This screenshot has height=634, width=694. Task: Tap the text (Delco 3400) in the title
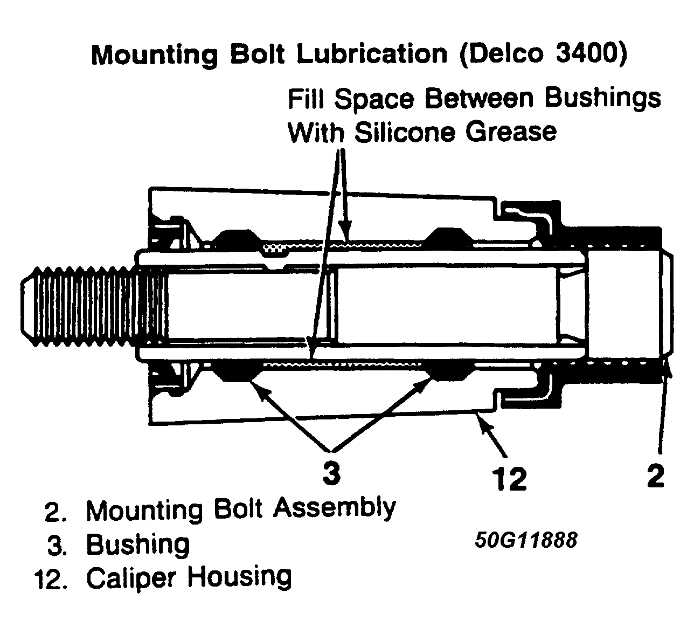click(x=543, y=54)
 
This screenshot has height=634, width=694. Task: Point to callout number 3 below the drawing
click(x=332, y=473)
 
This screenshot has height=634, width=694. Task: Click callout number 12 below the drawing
click(x=509, y=478)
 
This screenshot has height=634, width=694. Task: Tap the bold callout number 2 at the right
click(x=655, y=475)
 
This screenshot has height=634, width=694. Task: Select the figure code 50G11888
click(x=526, y=540)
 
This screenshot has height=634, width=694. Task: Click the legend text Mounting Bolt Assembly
click(x=241, y=509)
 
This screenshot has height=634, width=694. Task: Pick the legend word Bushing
click(x=138, y=545)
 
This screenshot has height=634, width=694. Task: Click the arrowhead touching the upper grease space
click(x=346, y=236)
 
